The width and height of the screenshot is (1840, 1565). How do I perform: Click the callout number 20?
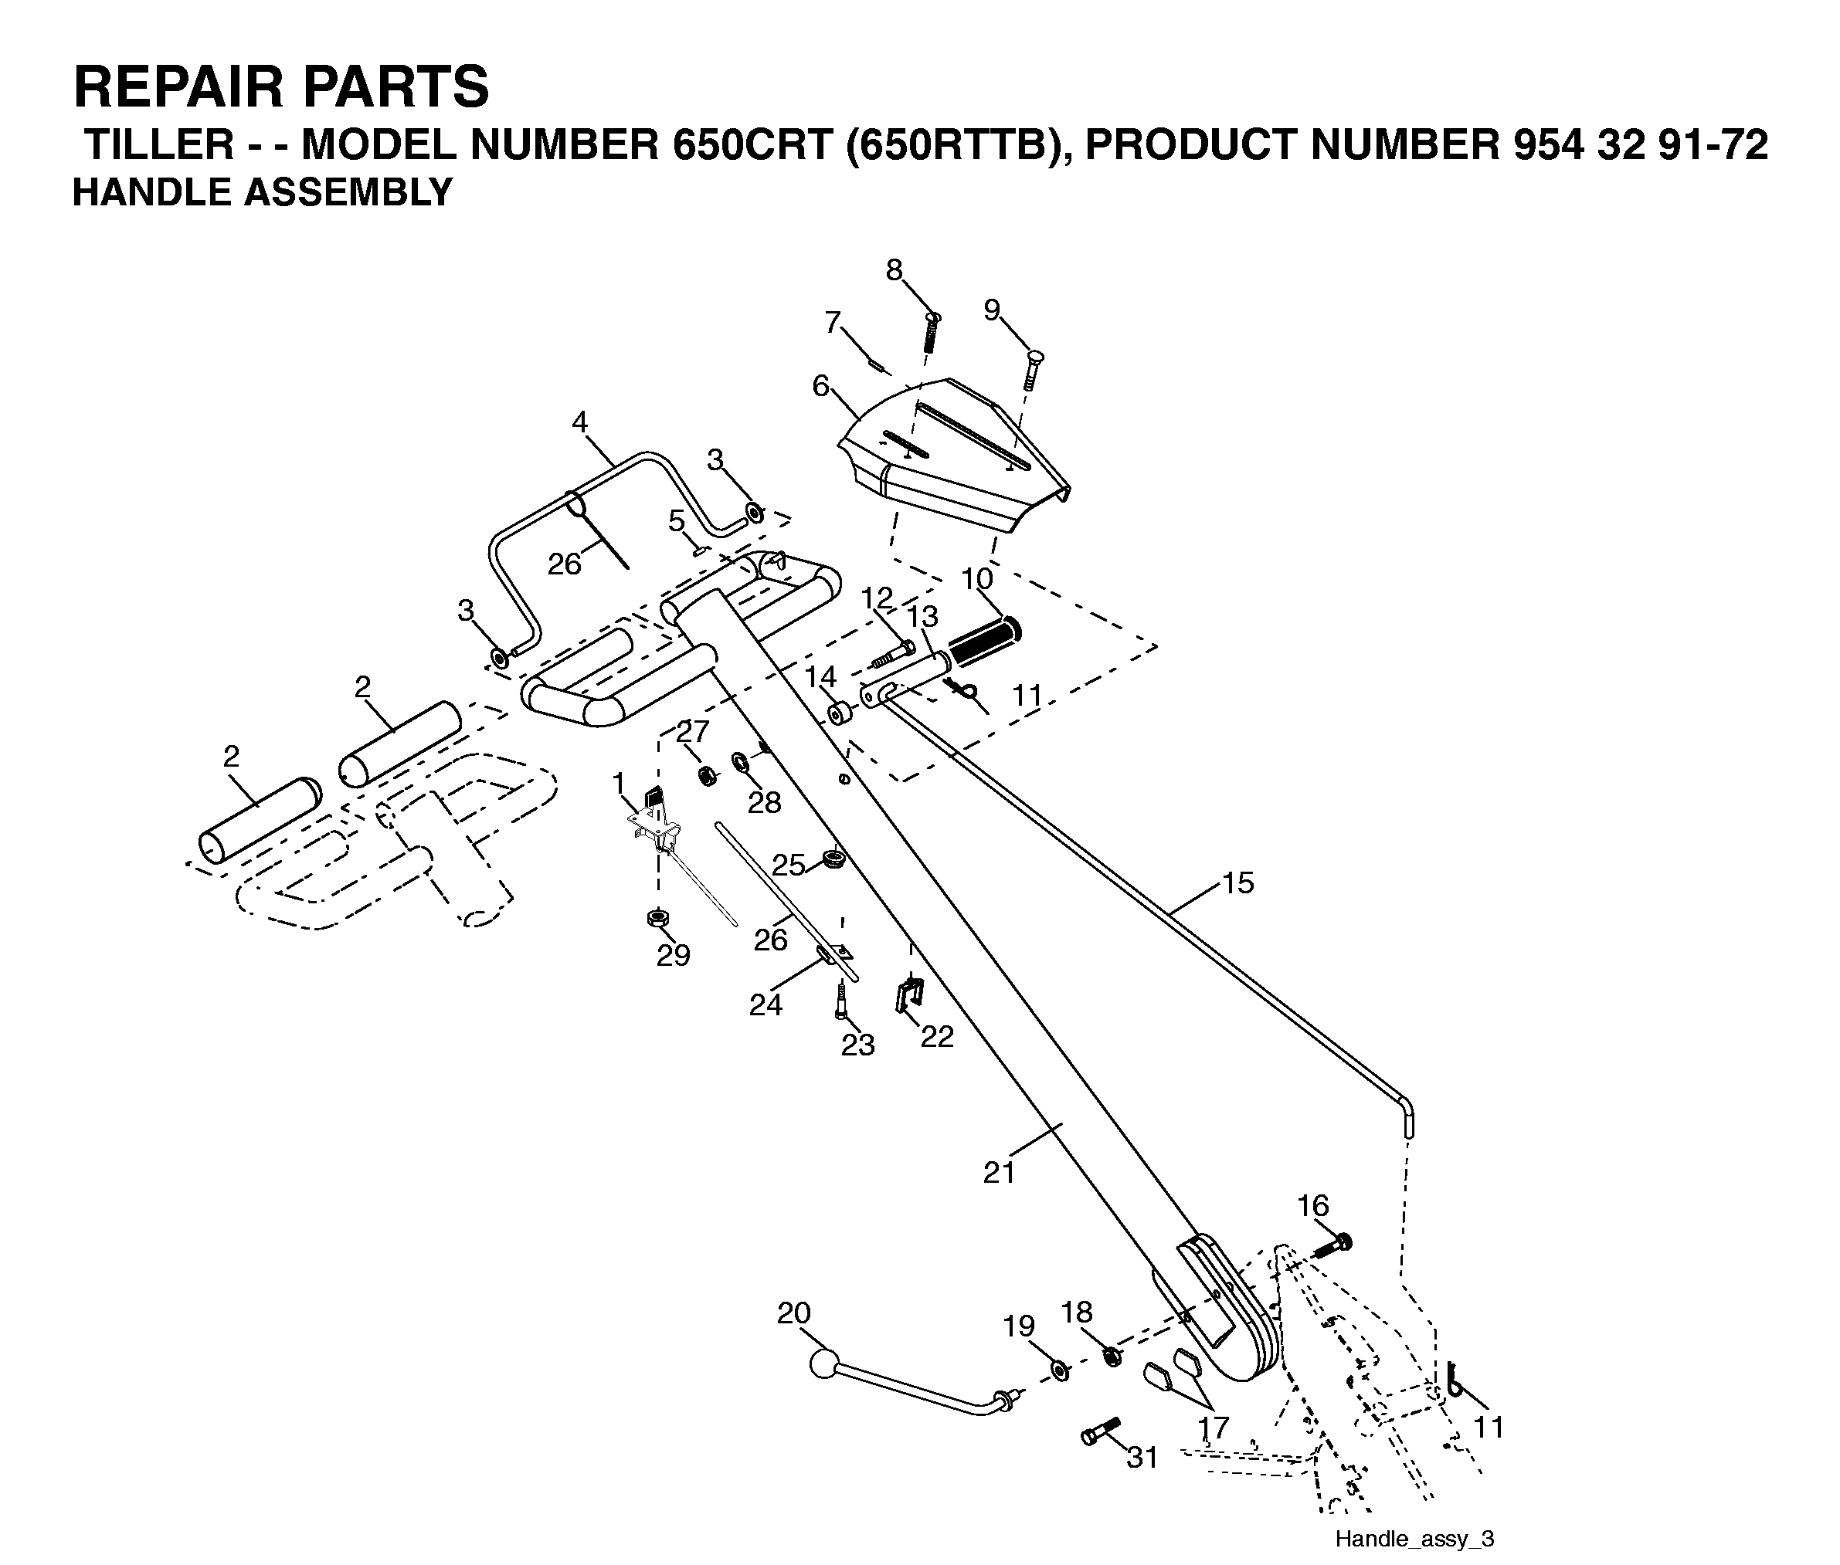pos(793,1313)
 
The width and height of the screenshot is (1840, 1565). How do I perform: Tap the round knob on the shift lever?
pos(824,1363)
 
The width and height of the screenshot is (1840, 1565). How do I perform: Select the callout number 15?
pos(1237,882)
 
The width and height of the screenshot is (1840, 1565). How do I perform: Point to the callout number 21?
pos(999,1173)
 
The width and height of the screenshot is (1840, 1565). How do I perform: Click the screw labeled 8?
pos(930,333)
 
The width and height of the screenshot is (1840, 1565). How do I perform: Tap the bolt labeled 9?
pos(1032,370)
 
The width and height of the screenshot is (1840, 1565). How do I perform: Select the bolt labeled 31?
pos(1102,1430)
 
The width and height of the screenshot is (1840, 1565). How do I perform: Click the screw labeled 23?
pos(840,1001)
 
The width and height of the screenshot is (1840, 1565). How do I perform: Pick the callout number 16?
pos(1312,1206)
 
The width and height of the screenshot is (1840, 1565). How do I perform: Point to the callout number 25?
pos(788,864)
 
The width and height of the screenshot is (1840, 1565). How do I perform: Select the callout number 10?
pos(976,578)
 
